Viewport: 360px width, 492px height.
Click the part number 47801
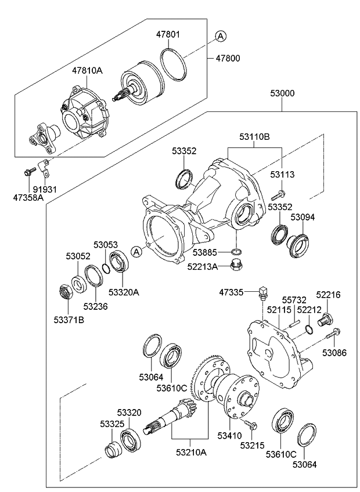tap(167, 35)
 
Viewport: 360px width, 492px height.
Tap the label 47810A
tap(87, 71)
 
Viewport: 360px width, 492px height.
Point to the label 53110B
tap(254, 138)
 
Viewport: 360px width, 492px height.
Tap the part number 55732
tap(294, 300)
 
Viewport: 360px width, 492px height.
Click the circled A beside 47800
tap(220, 37)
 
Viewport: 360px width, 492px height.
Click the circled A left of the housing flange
tap(136, 251)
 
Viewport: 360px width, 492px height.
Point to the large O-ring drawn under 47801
tap(171, 61)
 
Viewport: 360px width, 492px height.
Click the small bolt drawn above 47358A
tap(28, 172)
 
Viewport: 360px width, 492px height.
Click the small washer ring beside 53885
tap(236, 252)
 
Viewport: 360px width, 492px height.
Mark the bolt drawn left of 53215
tap(250, 425)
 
